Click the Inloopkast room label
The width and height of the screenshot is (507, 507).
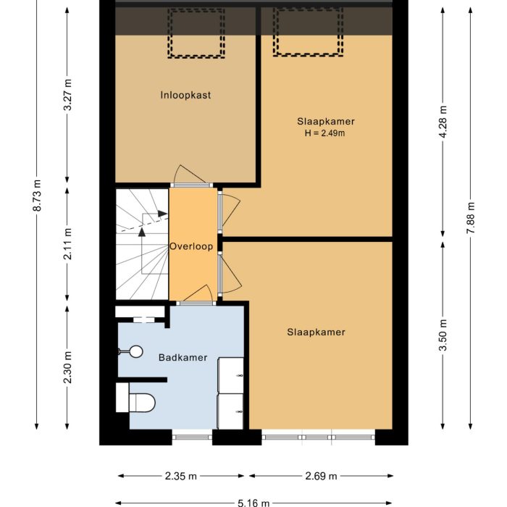(x=185, y=95)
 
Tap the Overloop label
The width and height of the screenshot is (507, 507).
(x=191, y=246)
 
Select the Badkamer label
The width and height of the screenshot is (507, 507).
(x=183, y=357)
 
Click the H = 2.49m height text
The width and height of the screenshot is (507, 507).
(x=325, y=133)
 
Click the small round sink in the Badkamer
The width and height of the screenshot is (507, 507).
(x=130, y=352)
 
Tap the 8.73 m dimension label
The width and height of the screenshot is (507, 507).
(x=37, y=196)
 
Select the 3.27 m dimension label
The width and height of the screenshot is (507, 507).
(x=68, y=95)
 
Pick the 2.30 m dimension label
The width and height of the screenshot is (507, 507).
(x=68, y=367)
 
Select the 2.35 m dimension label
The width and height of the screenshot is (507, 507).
(x=181, y=476)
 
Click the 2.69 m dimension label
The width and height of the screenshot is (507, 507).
(x=322, y=476)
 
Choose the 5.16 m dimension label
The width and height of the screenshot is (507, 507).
(x=253, y=502)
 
